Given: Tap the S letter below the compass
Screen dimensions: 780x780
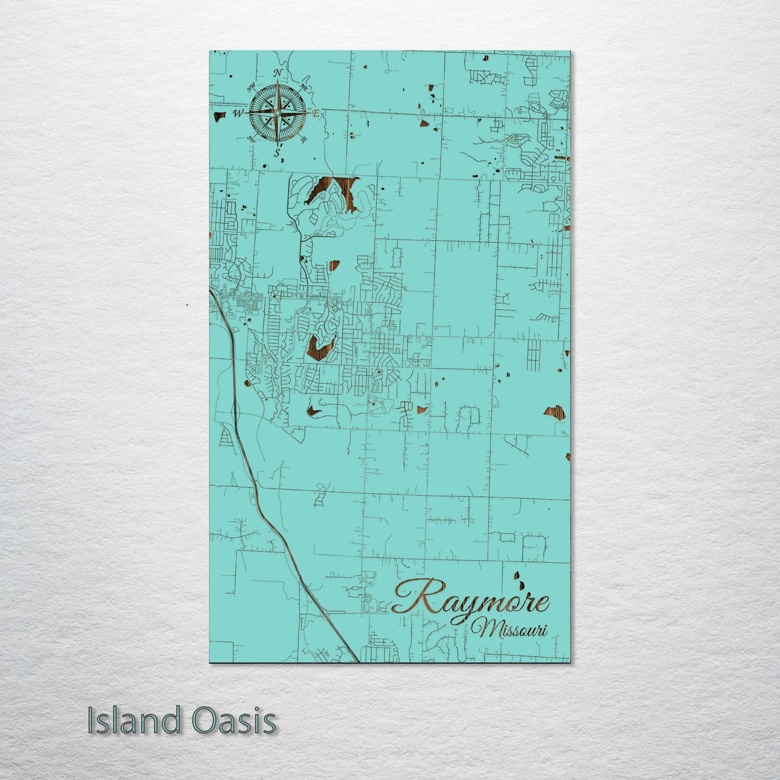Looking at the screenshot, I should coord(277,153).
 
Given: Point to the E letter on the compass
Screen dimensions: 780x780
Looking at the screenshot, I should coord(316,113).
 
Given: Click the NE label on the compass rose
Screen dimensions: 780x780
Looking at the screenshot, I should coord(303,87).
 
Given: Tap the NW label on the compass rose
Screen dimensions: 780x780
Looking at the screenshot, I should coord(251,88).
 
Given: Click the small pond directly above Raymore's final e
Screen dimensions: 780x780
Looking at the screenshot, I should coord(519,581).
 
